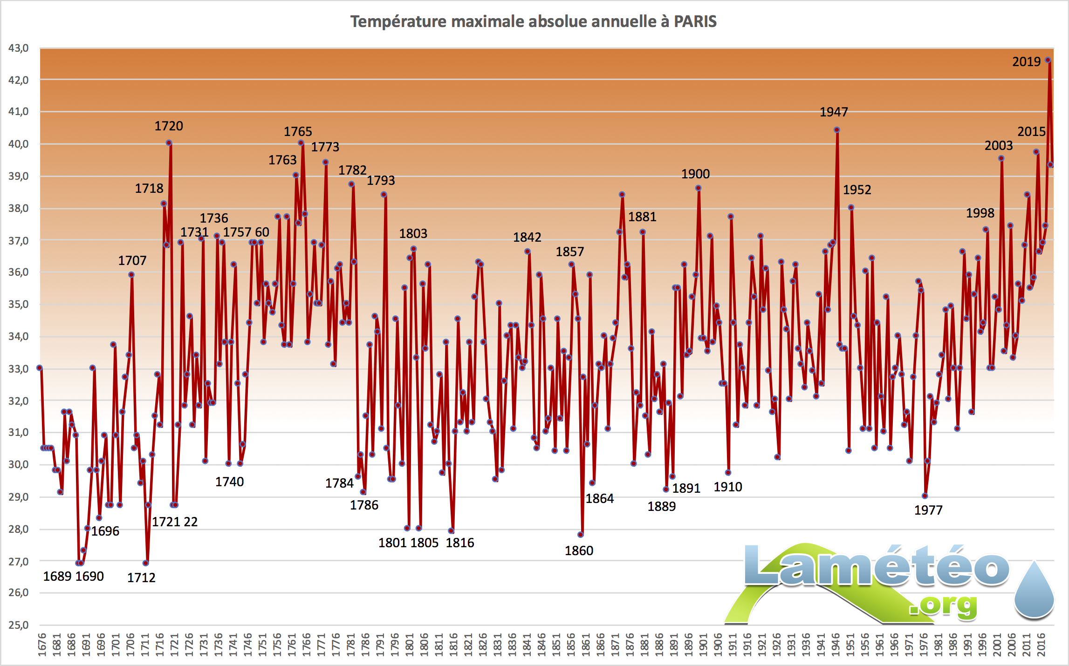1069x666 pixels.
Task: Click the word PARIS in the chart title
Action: (x=695, y=21)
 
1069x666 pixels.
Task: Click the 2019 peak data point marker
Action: (x=1048, y=60)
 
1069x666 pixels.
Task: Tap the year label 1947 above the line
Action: (x=834, y=112)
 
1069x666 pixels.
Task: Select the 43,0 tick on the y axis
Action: (x=19, y=48)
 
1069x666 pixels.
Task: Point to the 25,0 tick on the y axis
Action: (x=19, y=625)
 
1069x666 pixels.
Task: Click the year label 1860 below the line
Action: (x=579, y=550)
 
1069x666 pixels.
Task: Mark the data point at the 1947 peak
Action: (x=837, y=130)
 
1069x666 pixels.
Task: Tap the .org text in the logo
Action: (x=943, y=606)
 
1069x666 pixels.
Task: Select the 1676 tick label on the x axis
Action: (x=42, y=645)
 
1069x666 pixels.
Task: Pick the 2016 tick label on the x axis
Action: (x=1041, y=645)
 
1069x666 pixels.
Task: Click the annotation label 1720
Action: (x=169, y=126)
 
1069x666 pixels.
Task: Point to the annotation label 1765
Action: (x=298, y=131)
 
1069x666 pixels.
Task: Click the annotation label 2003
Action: (x=998, y=145)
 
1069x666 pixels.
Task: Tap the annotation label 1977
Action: (x=928, y=510)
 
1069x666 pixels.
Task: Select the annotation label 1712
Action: (x=141, y=578)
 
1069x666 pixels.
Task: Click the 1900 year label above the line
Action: (x=695, y=174)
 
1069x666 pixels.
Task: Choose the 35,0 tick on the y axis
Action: (x=19, y=304)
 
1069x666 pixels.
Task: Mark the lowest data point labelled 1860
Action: (x=580, y=535)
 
